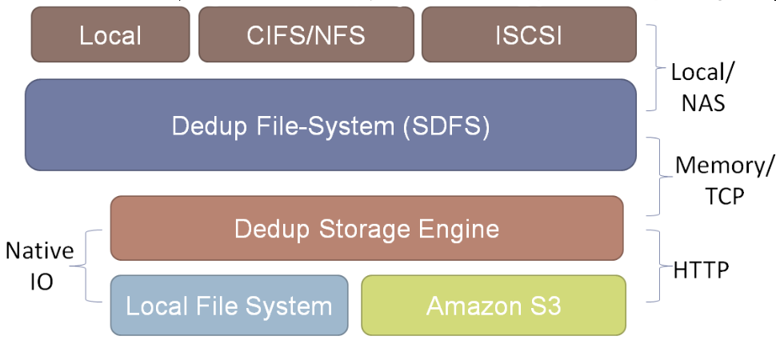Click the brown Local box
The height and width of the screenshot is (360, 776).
coord(110,35)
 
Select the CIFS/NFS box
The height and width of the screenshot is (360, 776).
coord(306,35)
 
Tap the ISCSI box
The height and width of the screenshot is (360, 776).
coord(528,35)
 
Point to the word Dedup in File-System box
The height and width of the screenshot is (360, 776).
coord(203,126)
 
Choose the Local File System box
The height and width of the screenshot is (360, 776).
coord(229,306)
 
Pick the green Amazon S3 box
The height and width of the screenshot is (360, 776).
coord(493,306)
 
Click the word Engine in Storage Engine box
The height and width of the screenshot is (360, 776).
coord(462,229)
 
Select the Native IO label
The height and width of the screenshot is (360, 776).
coord(39,266)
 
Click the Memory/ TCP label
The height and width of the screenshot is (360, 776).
coord(725,181)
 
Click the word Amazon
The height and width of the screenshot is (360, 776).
coord(465,306)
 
